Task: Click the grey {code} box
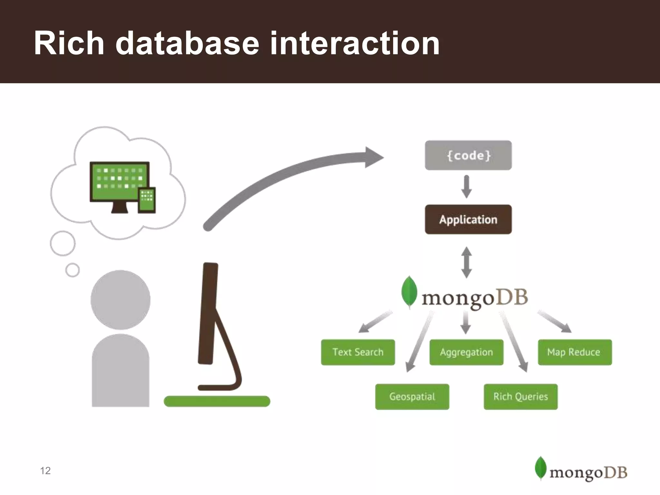click(x=468, y=155)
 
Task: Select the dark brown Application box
click(x=468, y=219)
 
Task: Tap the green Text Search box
click(x=358, y=352)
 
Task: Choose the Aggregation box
click(x=466, y=352)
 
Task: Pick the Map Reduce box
click(x=575, y=352)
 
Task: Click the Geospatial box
click(x=412, y=396)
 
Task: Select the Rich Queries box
click(x=520, y=396)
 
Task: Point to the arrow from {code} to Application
click(x=466, y=187)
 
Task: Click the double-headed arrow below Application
click(x=466, y=262)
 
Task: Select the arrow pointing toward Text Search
click(x=375, y=322)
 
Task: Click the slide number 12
click(x=45, y=471)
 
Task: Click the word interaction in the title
click(x=354, y=43)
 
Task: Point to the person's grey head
click(x=120, y=300)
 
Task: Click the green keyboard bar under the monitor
click(x=217, y=401)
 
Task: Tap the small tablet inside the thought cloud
click(x=147, y=200)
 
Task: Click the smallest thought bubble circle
click(x=73, y=270)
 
